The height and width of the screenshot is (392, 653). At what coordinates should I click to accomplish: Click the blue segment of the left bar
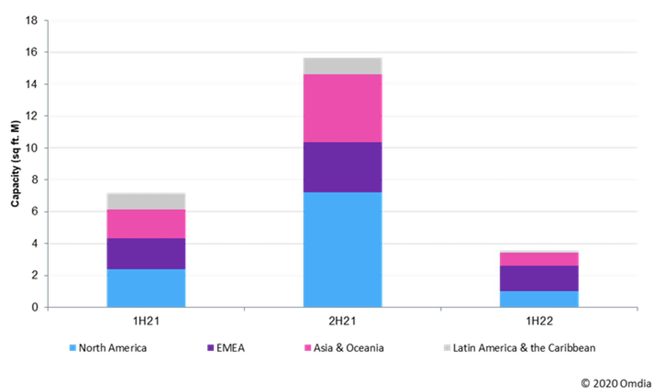[x=146, y=288]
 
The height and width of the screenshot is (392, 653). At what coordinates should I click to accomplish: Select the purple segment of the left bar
[x=146, y=253]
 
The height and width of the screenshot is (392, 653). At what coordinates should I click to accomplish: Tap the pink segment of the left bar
[x=146, y=224]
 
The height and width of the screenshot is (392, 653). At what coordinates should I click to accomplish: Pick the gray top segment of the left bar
[x=146, y=201]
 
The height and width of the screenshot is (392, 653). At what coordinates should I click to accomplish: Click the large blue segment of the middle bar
[x=342, y=249]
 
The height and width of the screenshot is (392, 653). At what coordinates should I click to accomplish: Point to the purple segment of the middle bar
[x=342, y=167]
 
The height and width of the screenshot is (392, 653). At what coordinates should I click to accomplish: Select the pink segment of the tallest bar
[x=342, y=108]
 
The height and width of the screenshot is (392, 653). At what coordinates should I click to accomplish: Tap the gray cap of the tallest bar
[x=342, y=66]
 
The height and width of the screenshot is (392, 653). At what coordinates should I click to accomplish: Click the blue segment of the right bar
[x=539, y=299]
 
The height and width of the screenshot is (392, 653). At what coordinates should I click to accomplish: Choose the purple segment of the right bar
[x=539, y=278]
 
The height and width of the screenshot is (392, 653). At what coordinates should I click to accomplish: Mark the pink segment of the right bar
[x=539, y=259]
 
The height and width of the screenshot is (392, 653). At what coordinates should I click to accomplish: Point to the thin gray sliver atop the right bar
[x=539, y=251]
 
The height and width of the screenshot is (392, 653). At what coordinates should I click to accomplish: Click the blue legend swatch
[x=73, y=348]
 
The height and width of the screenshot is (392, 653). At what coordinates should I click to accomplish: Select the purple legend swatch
[x=211, y=348]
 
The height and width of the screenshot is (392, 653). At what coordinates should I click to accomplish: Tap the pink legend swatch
[x=308, y=348]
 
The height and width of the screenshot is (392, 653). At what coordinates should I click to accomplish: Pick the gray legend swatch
[x=447, y=348]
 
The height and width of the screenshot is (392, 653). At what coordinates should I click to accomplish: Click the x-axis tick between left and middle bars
[x=244, y=309]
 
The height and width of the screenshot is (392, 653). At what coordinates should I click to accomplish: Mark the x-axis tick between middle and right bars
[x=441, y=309]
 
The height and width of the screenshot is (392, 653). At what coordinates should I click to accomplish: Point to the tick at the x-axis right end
[x=637, y=309]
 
